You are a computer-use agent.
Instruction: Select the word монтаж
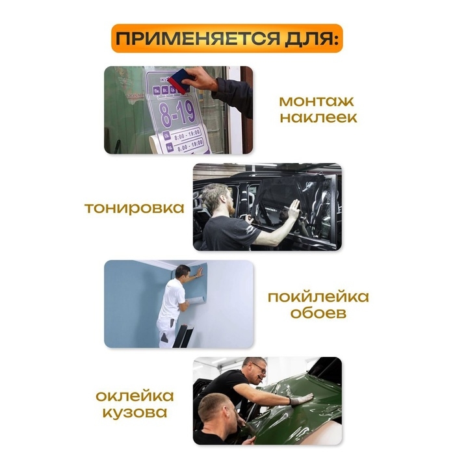click(318, 102)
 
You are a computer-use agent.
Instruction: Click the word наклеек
click(318, 118)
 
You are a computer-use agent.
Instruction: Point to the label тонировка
click(134, 208)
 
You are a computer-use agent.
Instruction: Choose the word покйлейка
click(318, 298)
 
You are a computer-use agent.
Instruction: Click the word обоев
click(318, 314)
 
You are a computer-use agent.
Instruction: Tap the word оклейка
click(135, 396)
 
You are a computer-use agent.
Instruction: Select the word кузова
click(135, 412)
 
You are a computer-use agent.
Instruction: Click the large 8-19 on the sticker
click(177, 112)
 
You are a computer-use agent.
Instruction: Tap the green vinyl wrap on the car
click(305, 413)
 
